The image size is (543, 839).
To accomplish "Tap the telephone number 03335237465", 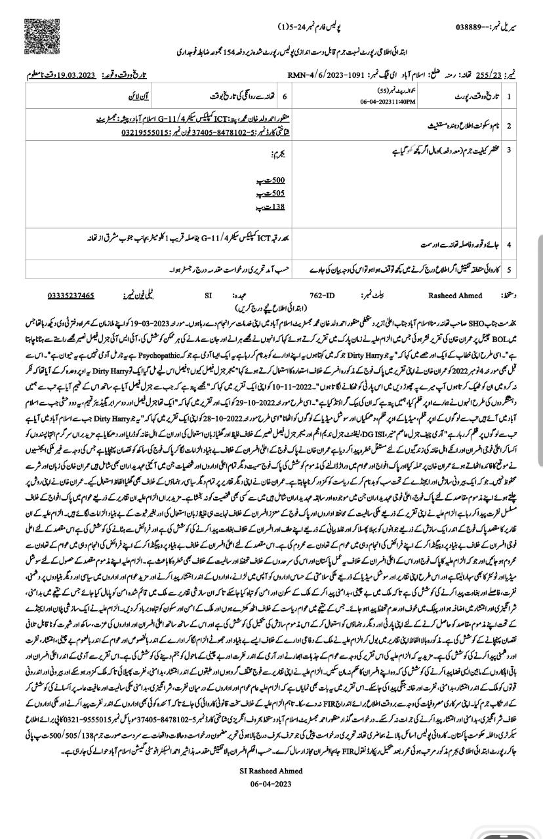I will pyautogui.click(x=71, y=296).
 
